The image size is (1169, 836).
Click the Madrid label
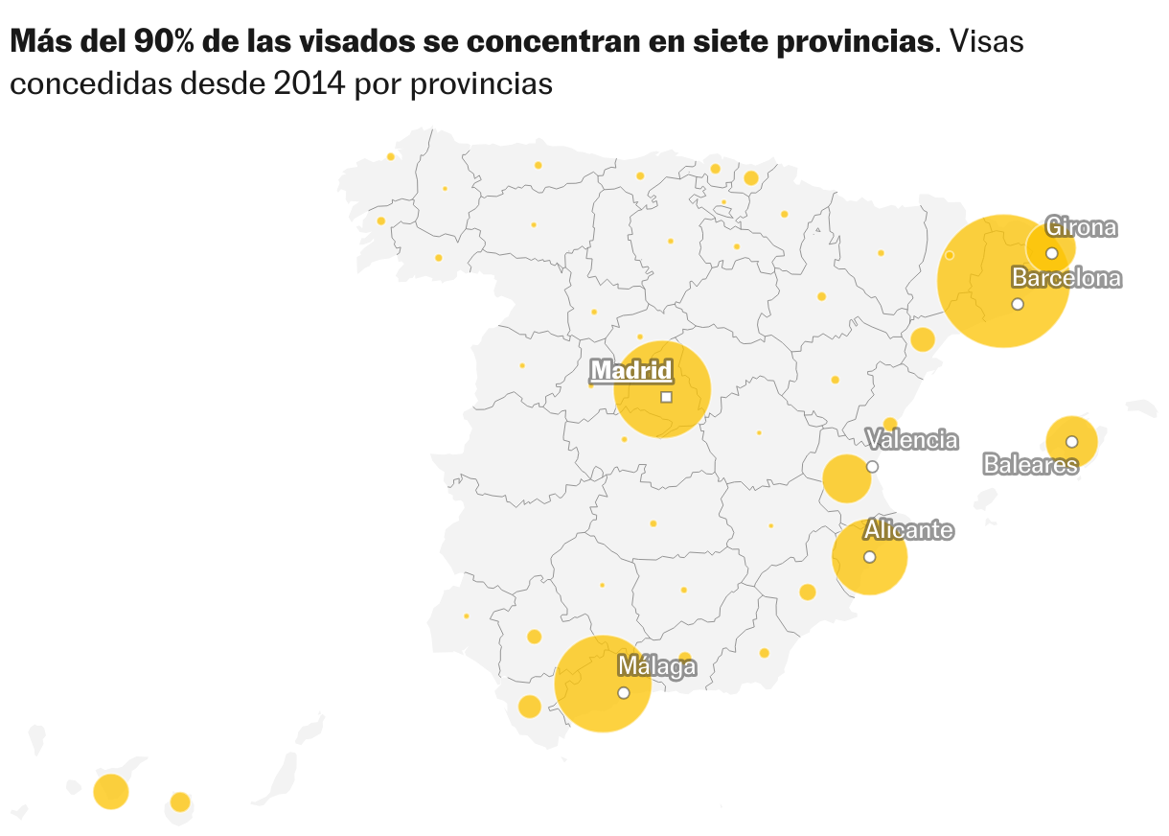coord(631,370)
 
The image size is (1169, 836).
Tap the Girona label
coord(1081,227)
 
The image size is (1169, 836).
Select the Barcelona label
coord(1066,278)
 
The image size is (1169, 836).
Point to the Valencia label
coord(911,440)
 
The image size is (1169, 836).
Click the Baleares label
coord(1030,465)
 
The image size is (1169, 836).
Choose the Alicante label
coord(908,530)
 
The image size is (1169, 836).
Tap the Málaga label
coord(656,666)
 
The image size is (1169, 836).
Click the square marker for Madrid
coord(666,397)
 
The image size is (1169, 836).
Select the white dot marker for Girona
coord(1051,253)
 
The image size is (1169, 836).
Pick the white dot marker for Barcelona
coord(1018,304)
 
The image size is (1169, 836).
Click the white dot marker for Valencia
coord(872,467)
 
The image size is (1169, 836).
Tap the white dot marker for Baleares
coord(1071,442)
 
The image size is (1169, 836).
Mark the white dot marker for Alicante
coord(869,557)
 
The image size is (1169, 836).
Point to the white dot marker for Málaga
coord(624,692)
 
